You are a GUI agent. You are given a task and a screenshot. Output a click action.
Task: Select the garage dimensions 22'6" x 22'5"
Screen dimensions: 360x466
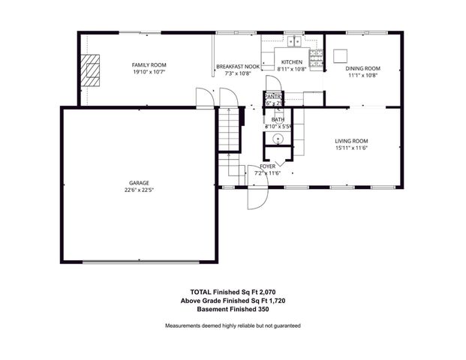[139, 190]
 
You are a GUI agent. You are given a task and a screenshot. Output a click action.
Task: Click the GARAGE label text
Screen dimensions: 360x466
[139, 183]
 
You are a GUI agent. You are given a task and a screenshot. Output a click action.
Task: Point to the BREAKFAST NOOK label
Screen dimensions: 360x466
[237, 67]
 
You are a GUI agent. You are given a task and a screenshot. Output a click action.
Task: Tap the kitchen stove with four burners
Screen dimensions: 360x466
[317, 55]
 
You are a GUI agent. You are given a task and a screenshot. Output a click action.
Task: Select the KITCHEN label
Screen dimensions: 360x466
[291, 62]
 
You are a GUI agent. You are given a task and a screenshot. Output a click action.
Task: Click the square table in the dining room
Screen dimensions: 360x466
[342, 55]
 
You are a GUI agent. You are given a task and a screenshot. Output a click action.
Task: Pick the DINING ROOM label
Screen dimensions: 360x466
[362, 67]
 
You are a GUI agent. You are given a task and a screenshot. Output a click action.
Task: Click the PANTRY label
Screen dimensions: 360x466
[272, 96]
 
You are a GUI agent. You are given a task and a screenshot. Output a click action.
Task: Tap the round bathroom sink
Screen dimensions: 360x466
[278, 139]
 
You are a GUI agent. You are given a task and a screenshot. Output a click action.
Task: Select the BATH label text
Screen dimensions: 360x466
[278, 119]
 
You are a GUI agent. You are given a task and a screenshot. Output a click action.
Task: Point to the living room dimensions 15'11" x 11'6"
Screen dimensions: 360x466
[350, 148]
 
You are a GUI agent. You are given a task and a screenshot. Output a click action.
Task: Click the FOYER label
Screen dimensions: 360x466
[267, 166]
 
